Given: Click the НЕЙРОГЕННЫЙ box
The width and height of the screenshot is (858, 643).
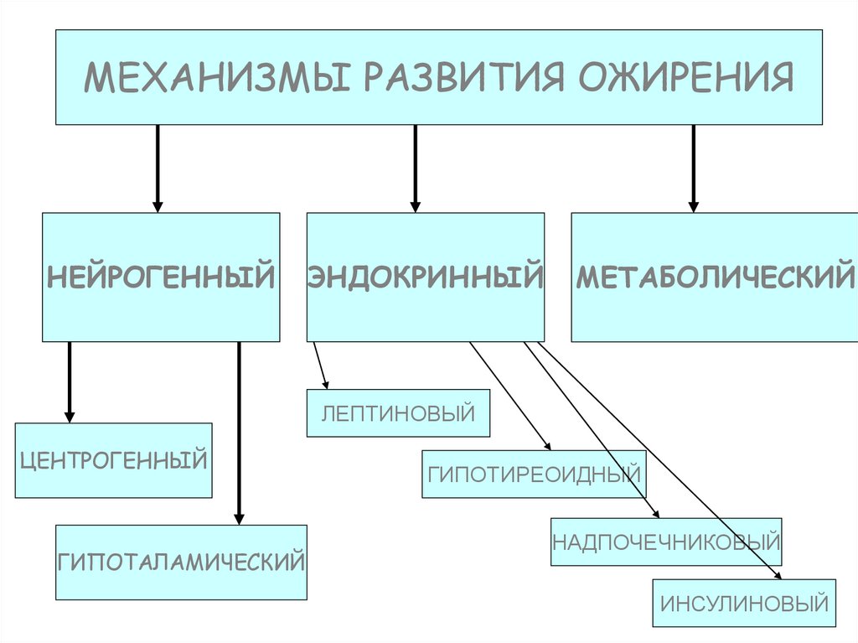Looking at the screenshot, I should [x=161, y=277].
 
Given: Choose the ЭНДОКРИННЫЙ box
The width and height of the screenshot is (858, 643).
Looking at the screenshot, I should [x=426, y=277].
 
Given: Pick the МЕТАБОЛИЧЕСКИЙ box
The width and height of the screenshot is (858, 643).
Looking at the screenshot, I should [x=714, y=277].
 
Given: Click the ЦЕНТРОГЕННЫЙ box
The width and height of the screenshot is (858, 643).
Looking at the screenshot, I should [x=113, y=460].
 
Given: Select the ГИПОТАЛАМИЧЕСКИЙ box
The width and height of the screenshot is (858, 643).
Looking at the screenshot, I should [x=181, y=562].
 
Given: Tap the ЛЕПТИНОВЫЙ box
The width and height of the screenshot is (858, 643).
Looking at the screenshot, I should [x=398, y=412].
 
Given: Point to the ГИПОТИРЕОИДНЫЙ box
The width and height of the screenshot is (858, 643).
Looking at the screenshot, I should [x=534, y=474].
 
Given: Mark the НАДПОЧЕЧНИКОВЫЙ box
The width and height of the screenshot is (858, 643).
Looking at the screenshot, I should [x=666, y=542].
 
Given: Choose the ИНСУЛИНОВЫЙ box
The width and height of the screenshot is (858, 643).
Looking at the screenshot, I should [x=744, y=603].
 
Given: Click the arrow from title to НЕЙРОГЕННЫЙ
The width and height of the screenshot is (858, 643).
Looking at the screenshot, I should [x=158, y=168].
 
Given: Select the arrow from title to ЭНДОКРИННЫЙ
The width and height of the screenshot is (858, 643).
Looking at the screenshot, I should [x=415, y=168].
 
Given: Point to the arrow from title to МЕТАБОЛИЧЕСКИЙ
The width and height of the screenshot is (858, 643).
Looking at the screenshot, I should [x=693, y=168].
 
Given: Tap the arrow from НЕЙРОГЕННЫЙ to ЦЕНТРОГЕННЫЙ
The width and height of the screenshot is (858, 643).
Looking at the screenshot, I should [x=70, y=381].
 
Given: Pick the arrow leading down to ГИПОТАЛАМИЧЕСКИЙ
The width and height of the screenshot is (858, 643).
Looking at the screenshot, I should [x=239, y=432].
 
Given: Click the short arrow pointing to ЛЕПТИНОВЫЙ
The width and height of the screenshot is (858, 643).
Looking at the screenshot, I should [x=320, y=366].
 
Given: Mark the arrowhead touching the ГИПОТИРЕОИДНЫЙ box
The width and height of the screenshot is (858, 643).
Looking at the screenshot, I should [x=546, y=446].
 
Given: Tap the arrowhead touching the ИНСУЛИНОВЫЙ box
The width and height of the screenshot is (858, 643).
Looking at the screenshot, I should [x=778, y=575].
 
